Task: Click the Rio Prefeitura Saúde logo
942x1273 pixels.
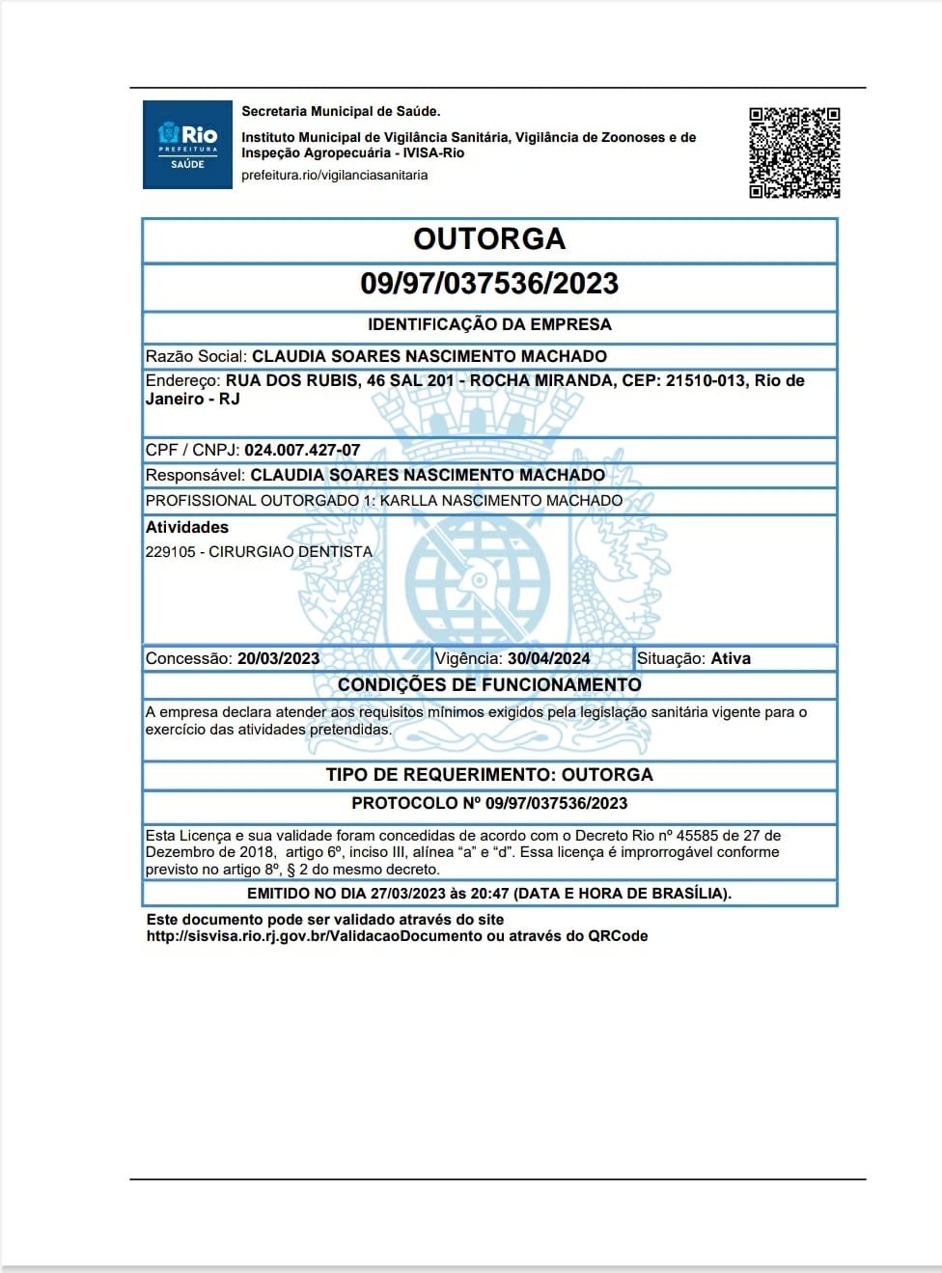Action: pos(187,145)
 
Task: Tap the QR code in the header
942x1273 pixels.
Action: pos(794,152)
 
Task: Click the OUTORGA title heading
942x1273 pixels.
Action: pos(489,238)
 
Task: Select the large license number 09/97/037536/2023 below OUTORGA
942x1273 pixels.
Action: pos(489,284)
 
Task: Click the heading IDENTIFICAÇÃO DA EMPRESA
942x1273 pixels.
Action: pos(489,324)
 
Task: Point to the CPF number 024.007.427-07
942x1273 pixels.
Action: pos(302,450)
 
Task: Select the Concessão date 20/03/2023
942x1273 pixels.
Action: pos(278,658)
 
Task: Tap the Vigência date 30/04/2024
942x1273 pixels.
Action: pos(548,658)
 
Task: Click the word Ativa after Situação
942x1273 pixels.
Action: pos(731,658)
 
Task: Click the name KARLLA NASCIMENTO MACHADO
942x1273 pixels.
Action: pos(501,500)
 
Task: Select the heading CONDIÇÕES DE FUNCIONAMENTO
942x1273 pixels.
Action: pos(489,684)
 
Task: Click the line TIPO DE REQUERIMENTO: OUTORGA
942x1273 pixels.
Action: pos(489,774)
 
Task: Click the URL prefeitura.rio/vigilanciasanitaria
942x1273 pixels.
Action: pos(334,175)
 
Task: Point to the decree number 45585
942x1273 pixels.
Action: pos(697,836)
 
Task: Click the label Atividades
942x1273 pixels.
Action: pos(187,527)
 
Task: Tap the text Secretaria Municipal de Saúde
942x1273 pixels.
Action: pos(341,112)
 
